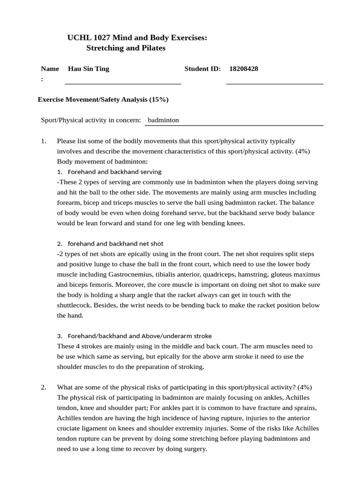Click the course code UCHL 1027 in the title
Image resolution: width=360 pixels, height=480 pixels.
pyautogui.click(x=89, y=37)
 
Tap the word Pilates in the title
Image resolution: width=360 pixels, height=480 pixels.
pyautogui.click(x=151, y=48)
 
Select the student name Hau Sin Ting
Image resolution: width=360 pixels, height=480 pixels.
pyautogui.click(x=89, y=69)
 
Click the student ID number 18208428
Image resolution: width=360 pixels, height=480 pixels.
pyautogui.click(x=243, y=69)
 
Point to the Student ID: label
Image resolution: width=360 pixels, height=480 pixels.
pyautogui.click(x=202, y=69)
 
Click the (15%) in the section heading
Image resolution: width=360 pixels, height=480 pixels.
pyautogui.click(x=158, y=99)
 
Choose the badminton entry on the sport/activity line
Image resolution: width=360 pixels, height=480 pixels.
pyautogui.click(x=163, y=120)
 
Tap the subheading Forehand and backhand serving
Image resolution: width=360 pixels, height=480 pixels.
pyautogui.click(x=114, y=172)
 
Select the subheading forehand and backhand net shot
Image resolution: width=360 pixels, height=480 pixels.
pyautogui.click(x=115, y=244)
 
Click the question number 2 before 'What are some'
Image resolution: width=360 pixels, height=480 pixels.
pyautogui.click(x=43, y=387)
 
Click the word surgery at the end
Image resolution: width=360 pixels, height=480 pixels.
pyautogui.click(x=194, y=449)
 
